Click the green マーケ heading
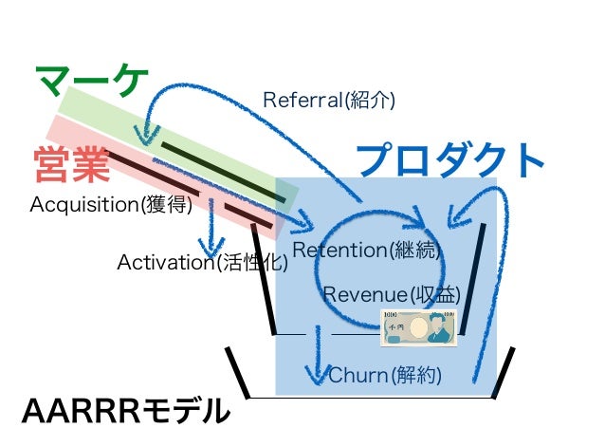(x=91, y=85)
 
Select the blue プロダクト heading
(x=450, y=159)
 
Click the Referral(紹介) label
(x=328, y=100)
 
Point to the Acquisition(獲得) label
(x=112, y=205)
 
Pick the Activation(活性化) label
(x=202, y=262)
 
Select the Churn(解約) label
(x=385, y=375)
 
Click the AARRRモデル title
(x=126, y=410)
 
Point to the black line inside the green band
(x=223, y=172)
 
